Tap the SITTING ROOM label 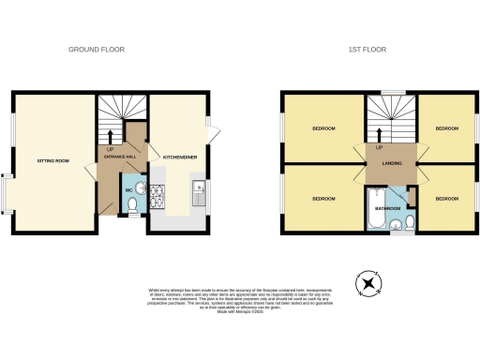pyautogui.click(x=53, y=161)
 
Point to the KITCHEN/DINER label pyautogui.click(x=179, y=157)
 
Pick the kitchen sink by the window pyautogui.click(x=200, y=194)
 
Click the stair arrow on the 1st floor pyautogui.click(x=379, y=132)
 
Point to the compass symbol pyautogui.click(x=369, y=281)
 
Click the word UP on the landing pyautogui.click(x=379, y=148)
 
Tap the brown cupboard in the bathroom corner pyautogui.click(x=411, y=195)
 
